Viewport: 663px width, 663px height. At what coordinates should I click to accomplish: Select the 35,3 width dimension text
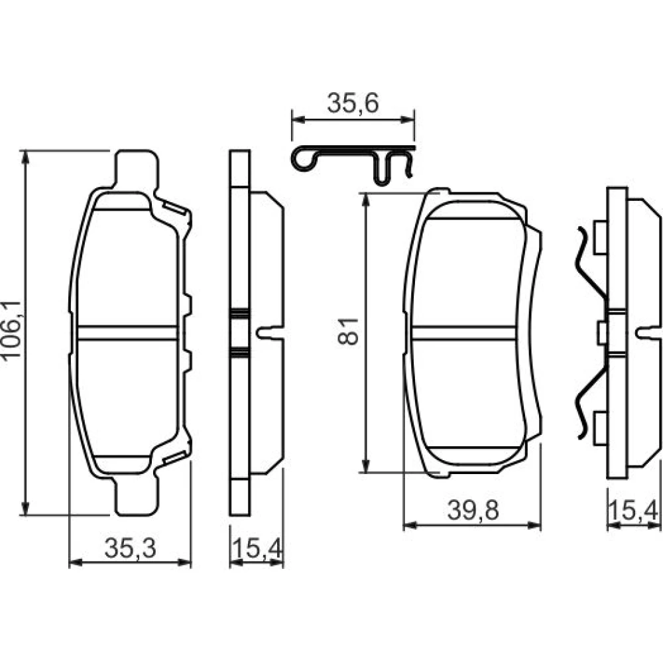(130, 548)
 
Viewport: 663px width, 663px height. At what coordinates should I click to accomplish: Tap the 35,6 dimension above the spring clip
(353, 103)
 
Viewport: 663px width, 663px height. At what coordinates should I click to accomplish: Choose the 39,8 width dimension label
(473, 510)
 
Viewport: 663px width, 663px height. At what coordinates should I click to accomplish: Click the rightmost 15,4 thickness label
(633, 510)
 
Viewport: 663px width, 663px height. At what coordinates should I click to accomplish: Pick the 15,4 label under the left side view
(256, 548)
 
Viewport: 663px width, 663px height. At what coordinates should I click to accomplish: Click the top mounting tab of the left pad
(137, 169)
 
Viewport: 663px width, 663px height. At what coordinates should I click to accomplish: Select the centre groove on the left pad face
(127, 333)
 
